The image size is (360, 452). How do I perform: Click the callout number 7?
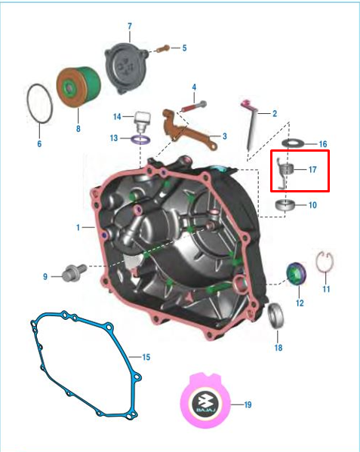click(x=129, y=26)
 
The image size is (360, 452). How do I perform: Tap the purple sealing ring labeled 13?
click(x=140, y=139)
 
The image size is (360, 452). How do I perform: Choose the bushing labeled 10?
click(x=286, y=204)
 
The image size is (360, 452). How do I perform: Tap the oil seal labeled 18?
click(x=277, y=314)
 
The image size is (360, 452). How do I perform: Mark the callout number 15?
click(x=146, y=357)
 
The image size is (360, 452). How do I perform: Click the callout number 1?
click(x=78, y=226)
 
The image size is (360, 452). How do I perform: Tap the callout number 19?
click(x=248, y=405)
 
